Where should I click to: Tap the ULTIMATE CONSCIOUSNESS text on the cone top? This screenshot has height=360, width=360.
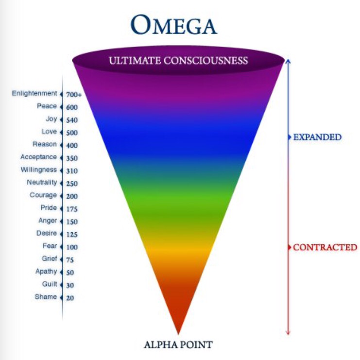tap(178, 61)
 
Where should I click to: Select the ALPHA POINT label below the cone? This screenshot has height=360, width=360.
tap(178, 345)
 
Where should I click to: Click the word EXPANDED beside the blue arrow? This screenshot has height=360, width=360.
tap(317, 137)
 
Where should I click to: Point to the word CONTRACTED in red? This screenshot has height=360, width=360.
tap(325, 247)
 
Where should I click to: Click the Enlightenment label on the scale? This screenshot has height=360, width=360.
tap(34, 93)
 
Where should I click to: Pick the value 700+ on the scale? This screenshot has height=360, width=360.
tap(74, 94)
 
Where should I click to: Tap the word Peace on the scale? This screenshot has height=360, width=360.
tap(47, 106)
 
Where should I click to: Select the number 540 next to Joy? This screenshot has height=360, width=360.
tap(72, 120)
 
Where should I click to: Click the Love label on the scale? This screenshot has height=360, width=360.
tap(49, 132)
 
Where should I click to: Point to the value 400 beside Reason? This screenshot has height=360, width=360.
tap(72, 145)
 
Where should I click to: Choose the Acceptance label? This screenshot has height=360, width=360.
tap(38, 157)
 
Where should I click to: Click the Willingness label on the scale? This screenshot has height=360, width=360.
tap(38, 170)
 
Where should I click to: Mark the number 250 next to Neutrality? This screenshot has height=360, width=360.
tap(72, 184)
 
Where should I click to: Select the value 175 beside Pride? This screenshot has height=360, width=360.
tap(72, 209)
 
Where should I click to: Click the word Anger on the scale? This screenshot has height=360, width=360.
tap(48, 221)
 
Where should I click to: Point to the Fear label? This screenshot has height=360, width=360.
tap(50, 246)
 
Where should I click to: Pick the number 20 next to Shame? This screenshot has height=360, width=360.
tap(70, 298)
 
